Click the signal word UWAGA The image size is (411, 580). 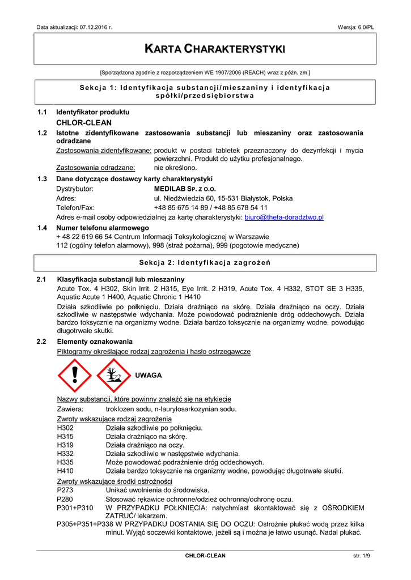click(148, 375)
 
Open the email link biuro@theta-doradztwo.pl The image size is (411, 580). click(283, 217)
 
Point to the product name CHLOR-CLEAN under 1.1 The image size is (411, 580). click(84, 122)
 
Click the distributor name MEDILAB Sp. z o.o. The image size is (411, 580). click(185, 189)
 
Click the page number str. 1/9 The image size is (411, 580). click(361, 556)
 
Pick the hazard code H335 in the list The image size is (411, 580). click(65, 462)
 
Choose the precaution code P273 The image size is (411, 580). click(65, 490)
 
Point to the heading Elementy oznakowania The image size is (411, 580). click(95, 342)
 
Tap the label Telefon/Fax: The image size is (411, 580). click(75, 208)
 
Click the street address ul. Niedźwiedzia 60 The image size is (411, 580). click(193, 198)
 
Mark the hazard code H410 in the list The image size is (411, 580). click(65, 471)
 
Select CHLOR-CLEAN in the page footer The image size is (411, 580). click(205, 556)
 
